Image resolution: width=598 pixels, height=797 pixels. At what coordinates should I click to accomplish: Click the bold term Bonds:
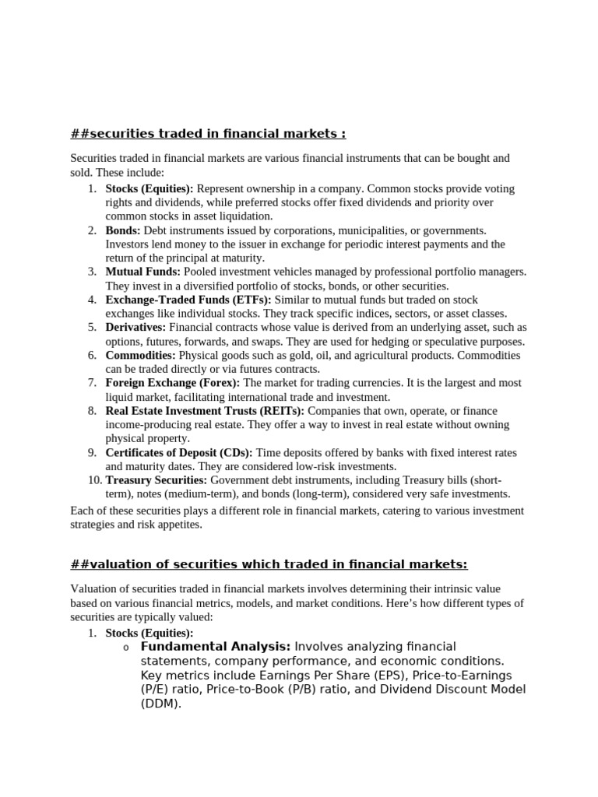[123, 230]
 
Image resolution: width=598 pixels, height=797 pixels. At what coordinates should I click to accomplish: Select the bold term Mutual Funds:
[142, 272]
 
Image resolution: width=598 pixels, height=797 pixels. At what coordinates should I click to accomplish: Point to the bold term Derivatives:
[135, 328]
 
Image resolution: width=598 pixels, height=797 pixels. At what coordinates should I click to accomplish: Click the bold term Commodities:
[141, 355]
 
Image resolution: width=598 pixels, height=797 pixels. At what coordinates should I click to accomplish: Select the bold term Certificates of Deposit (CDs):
[179, 453]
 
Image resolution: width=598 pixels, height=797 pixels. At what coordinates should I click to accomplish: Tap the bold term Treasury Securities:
[156, 480]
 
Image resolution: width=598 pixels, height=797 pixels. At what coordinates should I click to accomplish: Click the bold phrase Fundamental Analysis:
[216, 647]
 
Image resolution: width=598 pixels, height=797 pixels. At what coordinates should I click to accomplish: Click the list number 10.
[94, 480]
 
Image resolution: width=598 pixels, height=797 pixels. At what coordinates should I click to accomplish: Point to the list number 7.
[92, 383]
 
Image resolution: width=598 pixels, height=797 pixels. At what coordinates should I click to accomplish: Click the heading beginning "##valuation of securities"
[269, 564]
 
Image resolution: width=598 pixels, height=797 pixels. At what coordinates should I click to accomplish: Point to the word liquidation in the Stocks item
[244, 216]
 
